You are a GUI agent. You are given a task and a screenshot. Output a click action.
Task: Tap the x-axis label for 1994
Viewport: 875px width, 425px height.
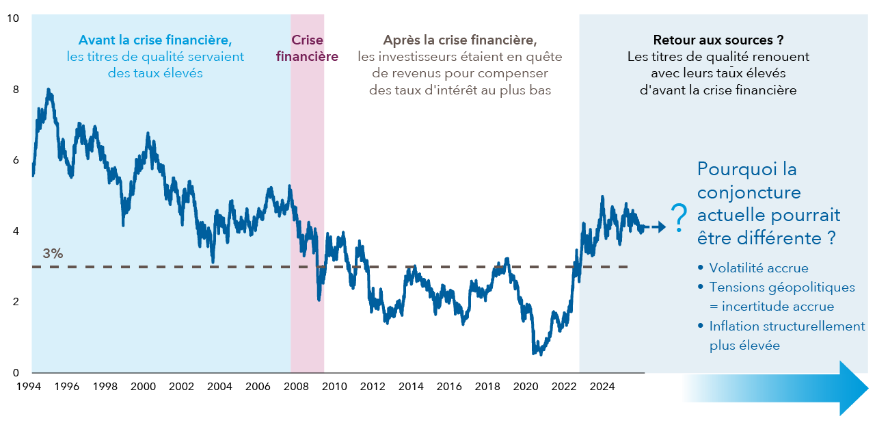tap(27, 387)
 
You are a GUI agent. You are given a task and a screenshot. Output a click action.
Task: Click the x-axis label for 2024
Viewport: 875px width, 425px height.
tap(602, 387)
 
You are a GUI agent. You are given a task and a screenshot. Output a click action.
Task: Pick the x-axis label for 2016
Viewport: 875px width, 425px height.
tap(449, 387)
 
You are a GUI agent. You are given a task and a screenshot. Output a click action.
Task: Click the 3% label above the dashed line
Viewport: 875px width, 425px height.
tap(53, 254)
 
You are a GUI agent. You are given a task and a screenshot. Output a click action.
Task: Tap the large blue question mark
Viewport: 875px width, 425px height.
tap(678, 218)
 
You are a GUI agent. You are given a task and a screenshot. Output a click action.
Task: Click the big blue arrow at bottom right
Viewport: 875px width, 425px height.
tap(775, 389)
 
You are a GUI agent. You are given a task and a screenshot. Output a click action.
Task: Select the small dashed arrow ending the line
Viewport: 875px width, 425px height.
tap(655, 227)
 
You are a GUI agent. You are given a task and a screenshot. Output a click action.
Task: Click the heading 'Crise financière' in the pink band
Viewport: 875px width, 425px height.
tap(307, 48)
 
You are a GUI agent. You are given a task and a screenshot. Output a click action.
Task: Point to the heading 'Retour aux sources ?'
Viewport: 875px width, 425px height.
tap(717, 40)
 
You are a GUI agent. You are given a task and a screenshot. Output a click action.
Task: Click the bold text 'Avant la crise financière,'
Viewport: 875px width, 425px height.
tap(155, 40)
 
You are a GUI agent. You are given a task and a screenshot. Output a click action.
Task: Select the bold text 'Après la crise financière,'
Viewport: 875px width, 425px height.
tap(459, 40)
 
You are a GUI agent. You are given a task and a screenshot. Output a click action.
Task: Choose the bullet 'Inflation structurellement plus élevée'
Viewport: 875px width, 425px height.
tap(786, 326)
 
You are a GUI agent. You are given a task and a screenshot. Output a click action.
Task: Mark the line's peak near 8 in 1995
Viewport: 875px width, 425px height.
tap(48, 90)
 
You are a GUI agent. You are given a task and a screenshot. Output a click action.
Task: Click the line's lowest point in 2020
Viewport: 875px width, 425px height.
tap(534, 354)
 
